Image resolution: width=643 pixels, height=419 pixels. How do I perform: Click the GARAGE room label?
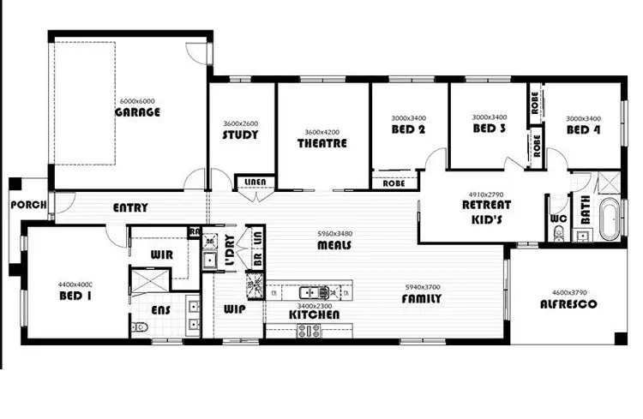pos(138,111)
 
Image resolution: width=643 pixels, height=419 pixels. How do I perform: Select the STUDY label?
pos(241,135)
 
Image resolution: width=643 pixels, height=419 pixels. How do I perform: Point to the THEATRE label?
pos(322,143)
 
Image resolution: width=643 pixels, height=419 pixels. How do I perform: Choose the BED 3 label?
pos(490,129)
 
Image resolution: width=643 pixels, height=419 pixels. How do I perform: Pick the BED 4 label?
pos(584,130)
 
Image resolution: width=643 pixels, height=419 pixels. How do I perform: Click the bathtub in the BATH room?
pos(610,220)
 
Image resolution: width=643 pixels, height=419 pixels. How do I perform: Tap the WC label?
pos(558,219)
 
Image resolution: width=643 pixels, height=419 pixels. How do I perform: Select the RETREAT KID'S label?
pos(486,211)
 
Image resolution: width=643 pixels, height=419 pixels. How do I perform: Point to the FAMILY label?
pos(422,299)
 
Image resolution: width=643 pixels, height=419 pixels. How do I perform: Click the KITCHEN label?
pos(314,314)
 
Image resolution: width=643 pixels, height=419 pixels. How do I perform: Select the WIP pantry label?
pos(235,308)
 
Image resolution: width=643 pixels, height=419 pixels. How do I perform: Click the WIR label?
pos(162,254)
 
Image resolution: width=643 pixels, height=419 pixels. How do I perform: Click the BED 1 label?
pos(76,296)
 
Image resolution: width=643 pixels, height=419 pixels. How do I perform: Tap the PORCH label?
pos(27,206)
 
